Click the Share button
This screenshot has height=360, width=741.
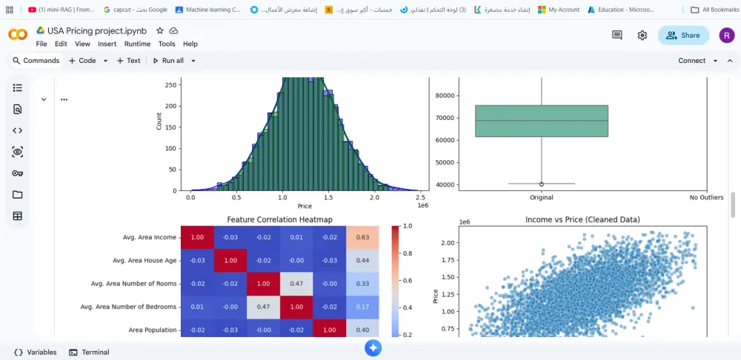point(682,35)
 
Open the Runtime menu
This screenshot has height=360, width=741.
point(137,44)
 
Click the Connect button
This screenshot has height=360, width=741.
point(691,61)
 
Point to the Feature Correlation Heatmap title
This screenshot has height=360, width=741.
point(279,220)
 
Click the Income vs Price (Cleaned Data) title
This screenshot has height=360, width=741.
point(582,220)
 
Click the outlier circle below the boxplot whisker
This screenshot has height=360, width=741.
point(542,184)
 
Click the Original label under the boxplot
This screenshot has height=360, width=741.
point(542,198)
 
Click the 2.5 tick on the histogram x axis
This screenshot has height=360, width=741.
point(420,198)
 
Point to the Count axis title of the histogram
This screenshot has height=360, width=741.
point(159,121)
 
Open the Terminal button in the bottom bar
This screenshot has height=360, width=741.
point(89,352)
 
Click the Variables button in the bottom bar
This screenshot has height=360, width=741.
point(35,352)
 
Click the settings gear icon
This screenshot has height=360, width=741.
point(642,35)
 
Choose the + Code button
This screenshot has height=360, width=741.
point(82,61)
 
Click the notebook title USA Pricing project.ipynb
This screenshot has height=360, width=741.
point(97,31)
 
